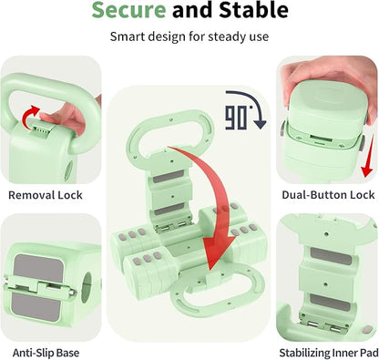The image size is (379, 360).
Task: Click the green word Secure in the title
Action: [128, 9]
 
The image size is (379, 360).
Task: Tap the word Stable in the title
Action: [253, 9]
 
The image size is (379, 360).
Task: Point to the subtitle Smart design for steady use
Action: [189, 36]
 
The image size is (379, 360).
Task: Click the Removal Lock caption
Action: [46, 195]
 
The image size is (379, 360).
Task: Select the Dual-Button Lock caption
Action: [328, 195]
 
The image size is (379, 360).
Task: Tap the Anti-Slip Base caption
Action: [46, 353]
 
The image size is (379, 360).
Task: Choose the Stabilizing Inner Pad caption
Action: [329, 353]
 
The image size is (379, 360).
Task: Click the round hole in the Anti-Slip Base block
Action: [87, 283]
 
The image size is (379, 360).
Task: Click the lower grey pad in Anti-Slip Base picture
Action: [36, 306]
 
